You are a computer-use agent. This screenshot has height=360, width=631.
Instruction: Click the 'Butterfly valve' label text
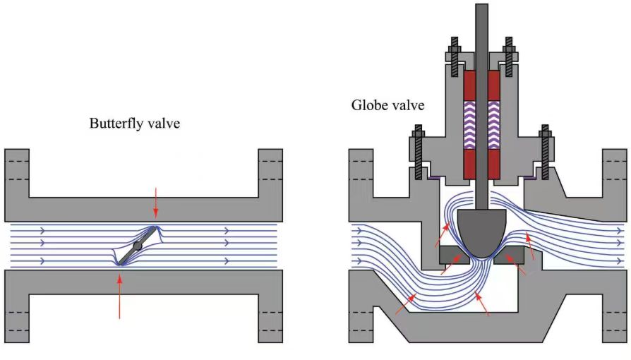pyautogui.click(x=134, y=123)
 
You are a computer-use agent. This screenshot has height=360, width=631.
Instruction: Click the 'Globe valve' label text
pyautogui.click(x=388, y=106)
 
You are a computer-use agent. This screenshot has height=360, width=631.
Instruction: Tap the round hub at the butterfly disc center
pyautogui.click(x=138, y=246)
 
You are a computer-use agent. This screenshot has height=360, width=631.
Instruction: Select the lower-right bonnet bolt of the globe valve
pyautogui.click(x=545, y=151)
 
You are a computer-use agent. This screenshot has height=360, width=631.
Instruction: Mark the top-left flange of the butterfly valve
pyautogui.click(x=17, y=176)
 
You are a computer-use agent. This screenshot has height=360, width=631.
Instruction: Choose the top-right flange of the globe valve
pyautogui.click(x=615, y=176)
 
